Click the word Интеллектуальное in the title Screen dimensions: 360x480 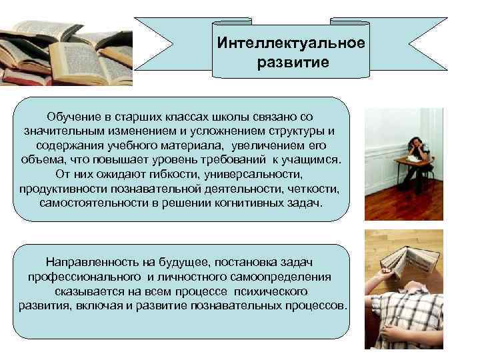point(291,43)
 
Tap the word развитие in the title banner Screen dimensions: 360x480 point(291,64)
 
